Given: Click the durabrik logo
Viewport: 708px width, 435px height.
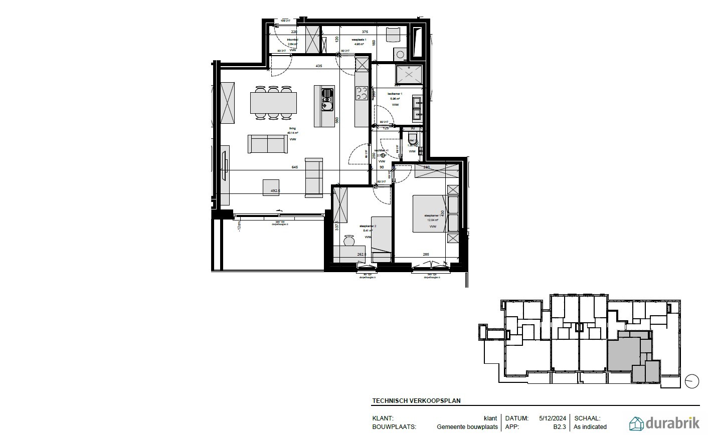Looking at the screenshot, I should point(664,423).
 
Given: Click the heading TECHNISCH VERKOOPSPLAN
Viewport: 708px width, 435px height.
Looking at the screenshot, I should point(416,401).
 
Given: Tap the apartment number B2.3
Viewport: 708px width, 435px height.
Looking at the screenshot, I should point(559,427).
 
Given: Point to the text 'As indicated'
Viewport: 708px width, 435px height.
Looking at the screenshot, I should point(590,427).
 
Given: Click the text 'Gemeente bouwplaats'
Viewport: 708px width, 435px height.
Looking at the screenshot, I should point(467,427).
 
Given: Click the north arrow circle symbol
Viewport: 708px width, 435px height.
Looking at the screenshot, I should point(692,381).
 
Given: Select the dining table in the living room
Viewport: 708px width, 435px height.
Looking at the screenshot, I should point(273,103).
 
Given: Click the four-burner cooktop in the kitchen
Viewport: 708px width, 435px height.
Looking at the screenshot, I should point(362,93).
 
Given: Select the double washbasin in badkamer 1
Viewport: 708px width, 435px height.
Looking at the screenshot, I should point(417,109).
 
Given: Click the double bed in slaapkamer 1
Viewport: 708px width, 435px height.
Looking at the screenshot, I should point(429,214).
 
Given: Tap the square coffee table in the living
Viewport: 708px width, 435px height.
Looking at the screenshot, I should point(271,186).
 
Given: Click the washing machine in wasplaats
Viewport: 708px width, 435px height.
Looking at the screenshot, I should point(400,54).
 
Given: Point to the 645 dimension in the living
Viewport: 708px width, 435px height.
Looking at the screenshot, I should point(295,167).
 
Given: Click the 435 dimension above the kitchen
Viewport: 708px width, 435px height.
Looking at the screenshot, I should point(318,66).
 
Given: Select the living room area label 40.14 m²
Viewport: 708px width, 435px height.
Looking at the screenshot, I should point(292,134).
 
